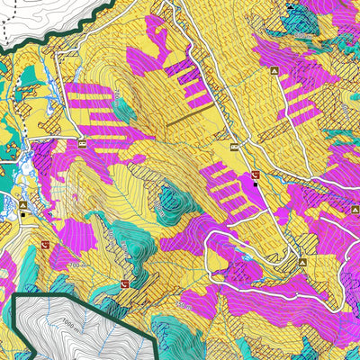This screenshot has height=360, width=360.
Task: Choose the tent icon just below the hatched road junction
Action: coord(302,263)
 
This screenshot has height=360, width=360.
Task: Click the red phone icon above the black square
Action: coord(255,175)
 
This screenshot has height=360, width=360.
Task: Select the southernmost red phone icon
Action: coord(124,284)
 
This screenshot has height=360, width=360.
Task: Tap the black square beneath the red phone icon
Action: coord(255,185)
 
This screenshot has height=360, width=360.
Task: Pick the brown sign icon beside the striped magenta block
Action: coord(82,143)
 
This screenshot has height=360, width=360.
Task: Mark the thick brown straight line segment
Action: coord(190,114)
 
